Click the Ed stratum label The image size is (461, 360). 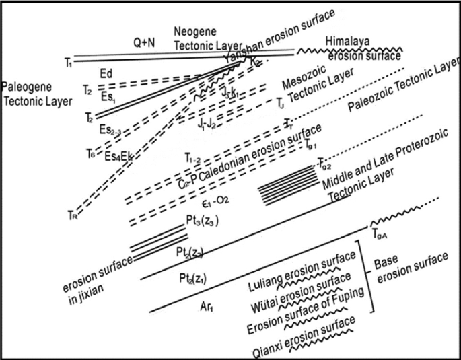(x=106, y=72)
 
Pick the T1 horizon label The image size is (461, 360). (x=68, y=63)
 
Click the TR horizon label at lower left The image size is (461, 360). (x=73, y=215)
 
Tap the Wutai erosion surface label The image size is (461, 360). (x=303, y=288)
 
